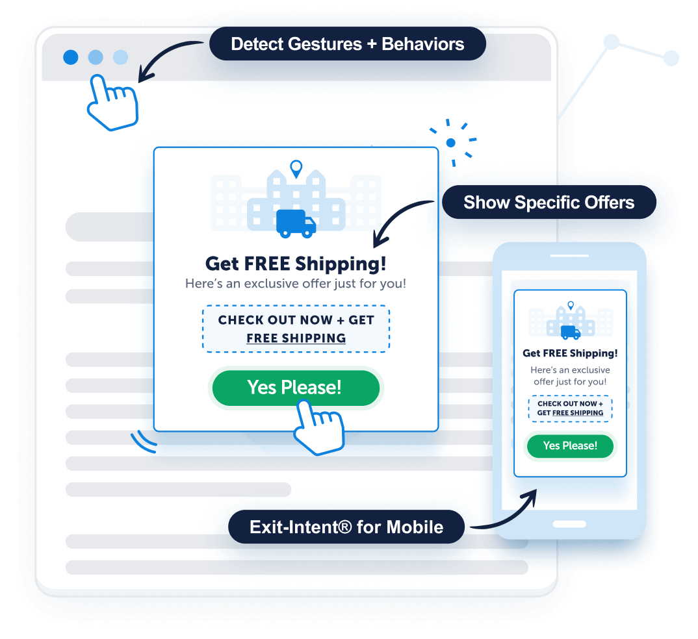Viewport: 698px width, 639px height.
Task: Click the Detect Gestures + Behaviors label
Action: (347, 44)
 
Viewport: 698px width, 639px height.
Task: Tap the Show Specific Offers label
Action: (549, 203)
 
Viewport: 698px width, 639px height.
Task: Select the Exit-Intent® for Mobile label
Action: (346, 527)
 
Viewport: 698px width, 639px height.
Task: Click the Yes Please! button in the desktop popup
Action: (295, 388)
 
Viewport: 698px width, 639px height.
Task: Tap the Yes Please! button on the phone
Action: (569, 446)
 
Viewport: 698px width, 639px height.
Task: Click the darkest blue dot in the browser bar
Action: (71, 57)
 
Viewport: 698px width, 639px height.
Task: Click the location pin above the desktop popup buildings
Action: (296, 169)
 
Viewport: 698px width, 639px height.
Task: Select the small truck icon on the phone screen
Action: (570, 332)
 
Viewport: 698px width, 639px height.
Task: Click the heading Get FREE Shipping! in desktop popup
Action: (296, 264)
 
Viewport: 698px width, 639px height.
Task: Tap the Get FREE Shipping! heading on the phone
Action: (570, 353)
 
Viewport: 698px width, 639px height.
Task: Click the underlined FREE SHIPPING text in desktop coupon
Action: (296, 338)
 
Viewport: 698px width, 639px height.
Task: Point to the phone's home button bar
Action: (569, 523)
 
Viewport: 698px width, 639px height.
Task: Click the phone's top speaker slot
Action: (569, 255)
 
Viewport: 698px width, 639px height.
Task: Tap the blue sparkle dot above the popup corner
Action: (451, 142)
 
